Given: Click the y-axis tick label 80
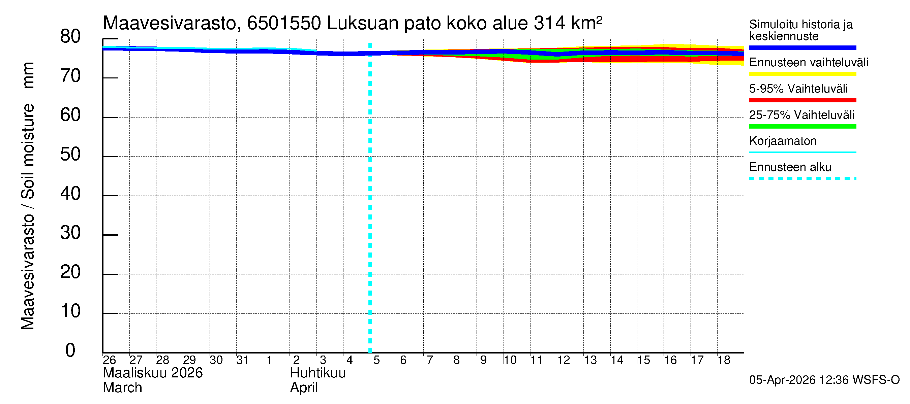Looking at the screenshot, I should click(x=70, y=37).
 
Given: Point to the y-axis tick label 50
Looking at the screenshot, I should click(x=70, y=155).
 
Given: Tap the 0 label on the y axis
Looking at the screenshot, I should click(x=70, y=350).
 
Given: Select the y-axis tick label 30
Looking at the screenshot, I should click(x=70, y=233).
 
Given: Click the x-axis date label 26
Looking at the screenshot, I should click(x=109, y=360).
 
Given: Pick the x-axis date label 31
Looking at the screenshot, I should click(x=242, y=360).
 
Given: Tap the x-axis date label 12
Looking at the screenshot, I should click(x=564, y=360).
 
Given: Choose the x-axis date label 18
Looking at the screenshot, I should click(x=724, y=360).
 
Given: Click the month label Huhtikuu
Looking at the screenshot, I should click(x=317, y=373).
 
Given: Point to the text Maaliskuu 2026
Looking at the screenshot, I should click(x=153, y=373).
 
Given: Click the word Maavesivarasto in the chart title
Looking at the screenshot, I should click(x=170, y=24).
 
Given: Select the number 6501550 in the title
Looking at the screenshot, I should click(x=284, y=24).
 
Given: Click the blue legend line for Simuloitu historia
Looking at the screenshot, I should click(x=802, y=47).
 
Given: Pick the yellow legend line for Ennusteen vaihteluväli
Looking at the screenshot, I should click(x=802, y=74).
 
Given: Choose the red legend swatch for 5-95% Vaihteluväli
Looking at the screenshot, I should click(x=802, y=100).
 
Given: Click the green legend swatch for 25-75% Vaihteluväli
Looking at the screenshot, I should click(x=802, y=126).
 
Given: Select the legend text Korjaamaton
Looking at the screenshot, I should click(x=783, y=141).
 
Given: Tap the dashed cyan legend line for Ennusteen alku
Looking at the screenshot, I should click(x=802, y=178).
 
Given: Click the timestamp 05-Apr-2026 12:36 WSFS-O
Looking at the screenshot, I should click(x=824, y=380).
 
